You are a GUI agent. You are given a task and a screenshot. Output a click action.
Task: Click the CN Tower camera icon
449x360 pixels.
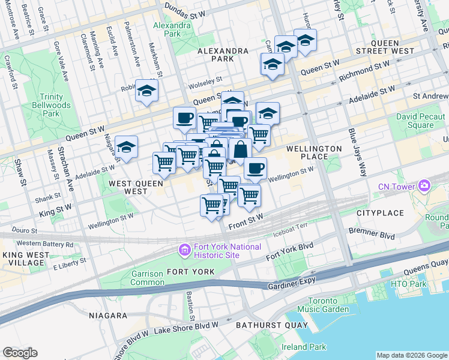tap(424, 186)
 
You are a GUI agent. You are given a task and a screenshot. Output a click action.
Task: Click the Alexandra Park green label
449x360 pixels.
tap(167, 29)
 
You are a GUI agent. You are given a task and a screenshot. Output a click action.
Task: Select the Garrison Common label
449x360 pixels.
tap(147, 278)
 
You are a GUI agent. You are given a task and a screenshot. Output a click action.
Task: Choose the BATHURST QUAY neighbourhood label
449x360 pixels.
tap(281, 326)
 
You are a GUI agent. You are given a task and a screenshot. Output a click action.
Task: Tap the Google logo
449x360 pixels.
tap(20, 353)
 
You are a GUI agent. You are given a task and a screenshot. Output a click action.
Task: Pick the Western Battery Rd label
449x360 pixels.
tap(45, 244)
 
